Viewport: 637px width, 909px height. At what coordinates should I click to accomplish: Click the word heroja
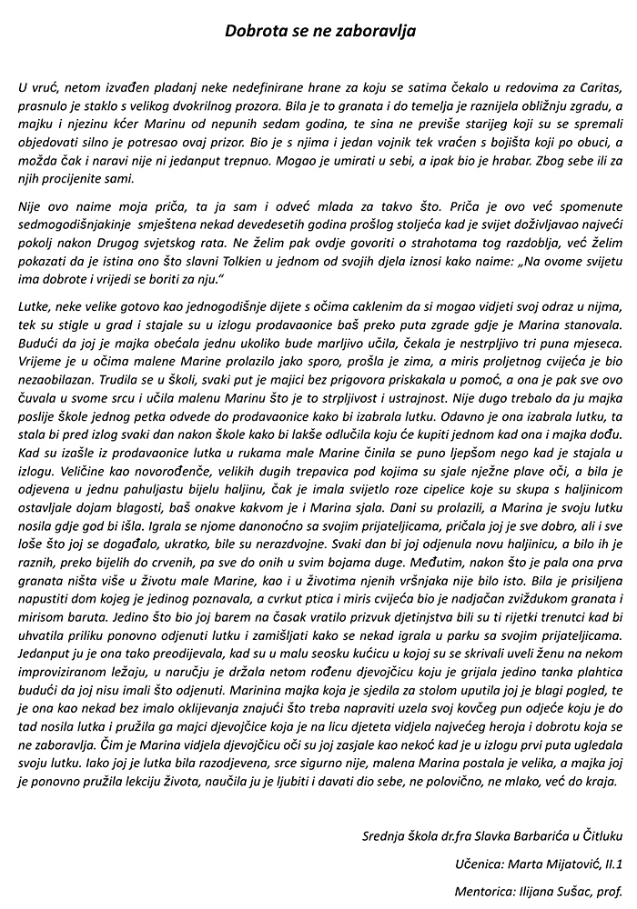tap(480, 726)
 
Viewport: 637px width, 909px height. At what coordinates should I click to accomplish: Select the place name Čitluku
tap(599, 835)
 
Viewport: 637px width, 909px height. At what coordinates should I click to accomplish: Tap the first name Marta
tap(528, 863)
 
